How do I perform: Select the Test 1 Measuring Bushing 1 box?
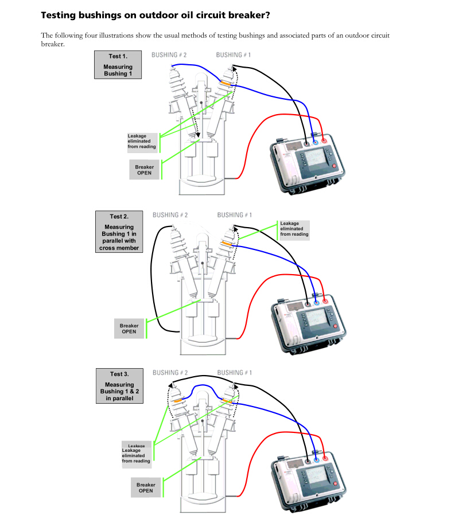tap(118, 64)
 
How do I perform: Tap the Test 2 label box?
tap(119, 232)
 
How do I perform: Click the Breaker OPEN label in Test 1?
tap(144, 170)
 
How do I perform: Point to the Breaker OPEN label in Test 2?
tap(129, 328)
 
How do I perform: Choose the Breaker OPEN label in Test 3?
tap(146, 487)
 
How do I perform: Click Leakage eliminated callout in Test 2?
tap(294, 229)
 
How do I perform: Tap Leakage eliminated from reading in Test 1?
tap(142, 141)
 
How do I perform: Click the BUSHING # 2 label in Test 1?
tap(169, 55)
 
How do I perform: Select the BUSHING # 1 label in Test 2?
tap(235, 215)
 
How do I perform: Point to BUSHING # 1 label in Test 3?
tap(235, 373)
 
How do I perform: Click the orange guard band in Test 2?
tap(227, 244)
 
